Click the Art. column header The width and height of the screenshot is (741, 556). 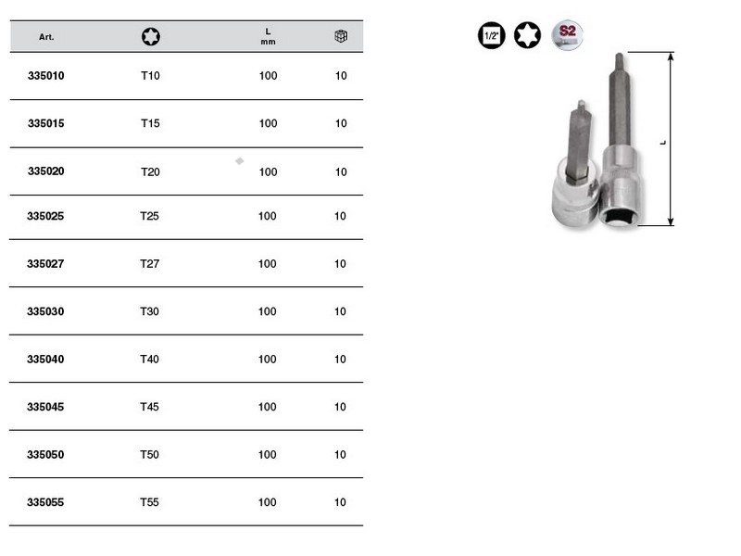(x=46, y=37)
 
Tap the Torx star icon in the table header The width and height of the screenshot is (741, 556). (x=151, y=36)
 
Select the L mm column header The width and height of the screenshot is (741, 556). (x=268, y=36)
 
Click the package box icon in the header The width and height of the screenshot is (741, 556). (x=341, y=36)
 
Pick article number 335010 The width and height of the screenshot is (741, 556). (x=45, y=76)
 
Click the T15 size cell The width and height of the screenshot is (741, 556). (x=150, y=123)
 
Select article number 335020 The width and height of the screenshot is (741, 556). (x=45, y=171)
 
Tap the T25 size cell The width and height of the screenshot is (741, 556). (x=149, y=216)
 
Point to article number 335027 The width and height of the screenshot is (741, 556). (x=45, y=264)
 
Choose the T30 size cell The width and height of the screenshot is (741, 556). (x=149, y=311)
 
